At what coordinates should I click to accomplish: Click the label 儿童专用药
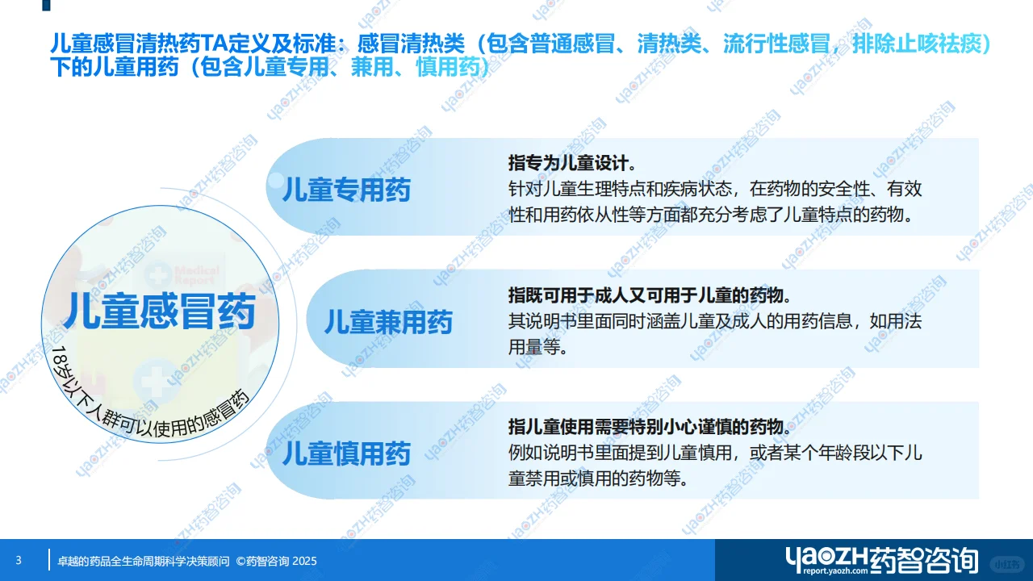(346, 190)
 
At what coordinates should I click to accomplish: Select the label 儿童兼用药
(388, 322)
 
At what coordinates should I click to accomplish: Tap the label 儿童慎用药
(346, 454)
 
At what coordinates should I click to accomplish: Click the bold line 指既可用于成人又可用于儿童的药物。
(650, 295)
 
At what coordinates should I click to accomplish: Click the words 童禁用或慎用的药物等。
(598, 479)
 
